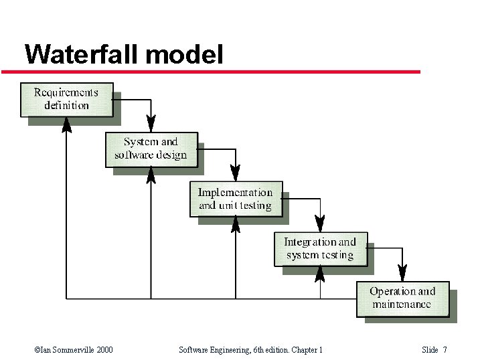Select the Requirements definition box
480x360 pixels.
coord(67,99)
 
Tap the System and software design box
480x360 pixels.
coord(151,149)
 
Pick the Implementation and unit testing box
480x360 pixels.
coord(236,199)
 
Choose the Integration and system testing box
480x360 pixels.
coord(321,249)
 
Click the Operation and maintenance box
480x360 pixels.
coord(402,298)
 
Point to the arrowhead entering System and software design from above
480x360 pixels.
coord(151,124)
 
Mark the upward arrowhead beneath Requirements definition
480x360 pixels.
coord(66,124)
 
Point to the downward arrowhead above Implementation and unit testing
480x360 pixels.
coord(236,174)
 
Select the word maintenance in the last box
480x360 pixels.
coord(402,305)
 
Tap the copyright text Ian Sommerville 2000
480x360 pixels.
coord(73,350)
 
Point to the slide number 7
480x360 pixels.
coord(445,350)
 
